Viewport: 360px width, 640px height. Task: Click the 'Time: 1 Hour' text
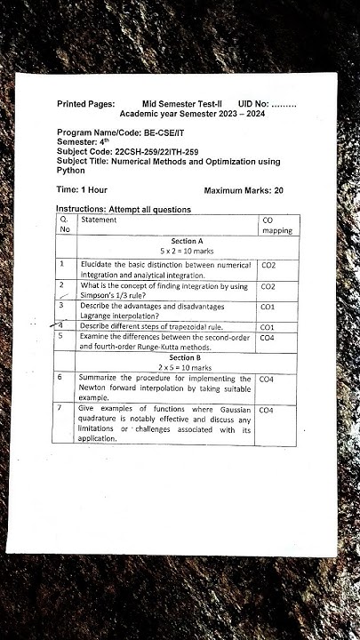click(x=82, y=190)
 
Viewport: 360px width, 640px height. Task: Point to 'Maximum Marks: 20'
click(x=244, y=190)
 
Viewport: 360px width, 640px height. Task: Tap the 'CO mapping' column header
click(x=276, y=224)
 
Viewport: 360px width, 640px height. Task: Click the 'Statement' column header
click(x=98, y=219)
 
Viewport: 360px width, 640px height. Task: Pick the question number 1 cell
click(x=62, y=264)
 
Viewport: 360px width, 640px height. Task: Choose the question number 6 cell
click(x=60, y=378)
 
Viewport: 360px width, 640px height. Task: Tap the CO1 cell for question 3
click(x=268, y=306)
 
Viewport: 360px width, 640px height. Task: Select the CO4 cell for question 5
click(x=268, y=338)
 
